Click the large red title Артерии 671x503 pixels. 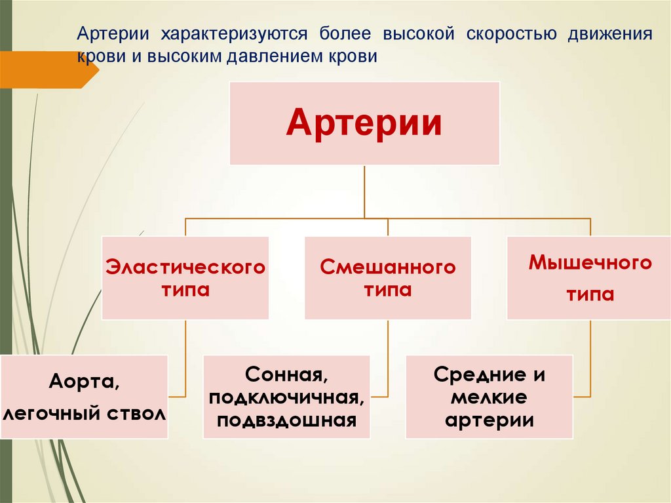(x=364, y=123)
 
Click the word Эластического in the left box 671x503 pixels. (x=185, y=268)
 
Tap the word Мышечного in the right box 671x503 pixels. (x=590, y=264)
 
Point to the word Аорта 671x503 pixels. (x=84, y=382)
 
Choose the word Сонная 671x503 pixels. (x=286, y=376)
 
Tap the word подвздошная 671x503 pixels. (x=286, y=420)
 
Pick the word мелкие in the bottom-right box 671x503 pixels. (x=489, y=398)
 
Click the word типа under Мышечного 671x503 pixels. (x=590, y=294)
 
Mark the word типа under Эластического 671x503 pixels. (x=185, y=290)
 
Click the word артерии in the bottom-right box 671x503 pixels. (x=489, y=420)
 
